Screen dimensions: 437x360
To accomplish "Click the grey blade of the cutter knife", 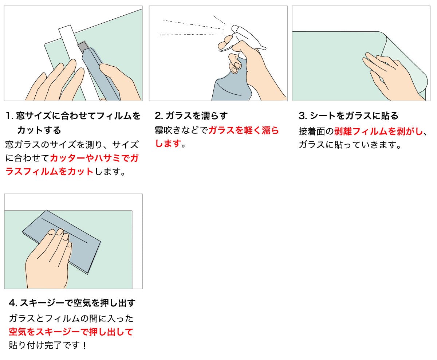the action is coord(83,47).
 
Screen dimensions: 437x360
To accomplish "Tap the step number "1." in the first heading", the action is coord(9,116).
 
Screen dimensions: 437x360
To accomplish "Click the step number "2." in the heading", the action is coord(159,116).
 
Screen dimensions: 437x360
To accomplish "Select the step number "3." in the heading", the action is coord(303,116).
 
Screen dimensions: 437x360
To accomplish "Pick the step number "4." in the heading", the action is coord(13,303).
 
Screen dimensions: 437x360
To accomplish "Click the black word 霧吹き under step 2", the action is coord(168,130).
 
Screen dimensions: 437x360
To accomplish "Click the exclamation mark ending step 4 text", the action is coord(84,345).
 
